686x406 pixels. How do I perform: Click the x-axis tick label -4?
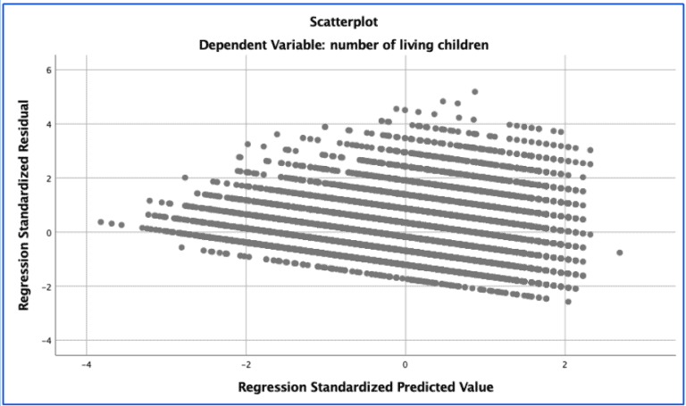(86, 365)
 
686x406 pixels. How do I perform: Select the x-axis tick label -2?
(246, 365)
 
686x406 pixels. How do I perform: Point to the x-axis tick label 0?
(406, 365)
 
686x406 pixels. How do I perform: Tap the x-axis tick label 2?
(565, 365)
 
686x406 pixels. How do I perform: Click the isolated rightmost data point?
(619, 253)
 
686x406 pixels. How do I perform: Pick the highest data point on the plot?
(474, 92)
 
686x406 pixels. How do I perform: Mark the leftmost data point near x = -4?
(101, 221)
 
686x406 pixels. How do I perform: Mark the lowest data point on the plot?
(567, 302)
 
